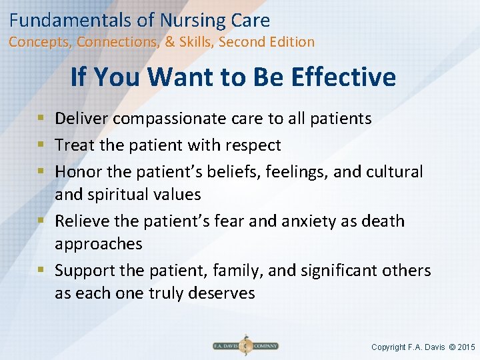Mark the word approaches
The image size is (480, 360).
99,244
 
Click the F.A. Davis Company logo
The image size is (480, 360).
245,345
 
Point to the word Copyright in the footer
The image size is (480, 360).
389,347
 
